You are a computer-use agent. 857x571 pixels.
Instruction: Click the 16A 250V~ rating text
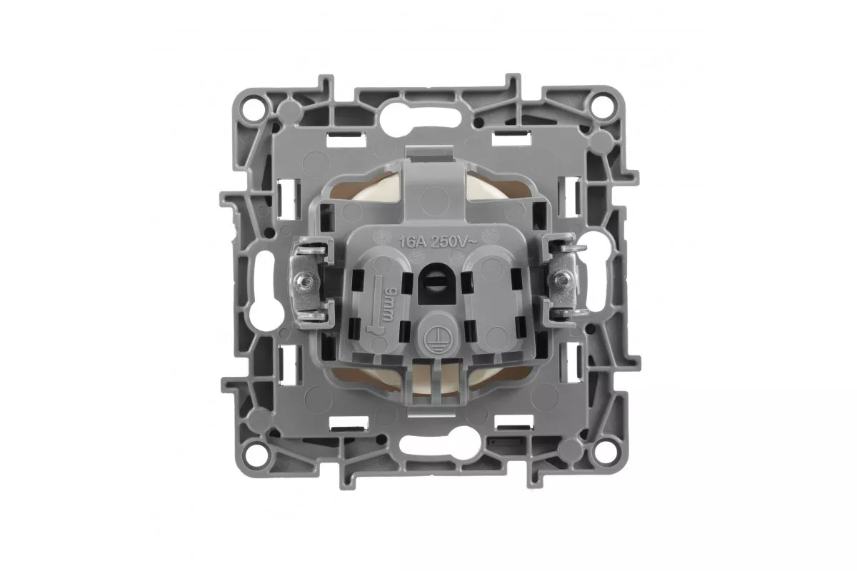point(438,242)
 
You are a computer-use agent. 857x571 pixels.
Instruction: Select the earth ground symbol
point(436,337)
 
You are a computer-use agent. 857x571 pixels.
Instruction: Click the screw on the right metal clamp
point(562,280)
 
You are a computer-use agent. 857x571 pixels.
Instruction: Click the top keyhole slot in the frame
point(420,119)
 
